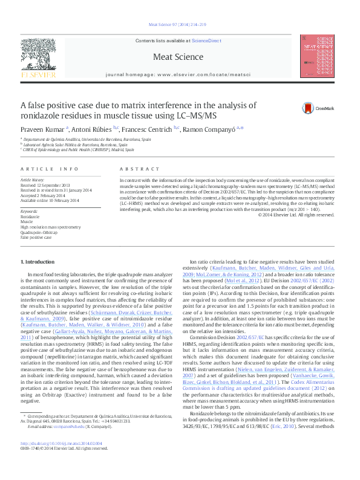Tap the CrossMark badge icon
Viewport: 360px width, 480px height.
(x=295, y=108)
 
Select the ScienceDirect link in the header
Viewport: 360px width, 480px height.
(x=206, y=40)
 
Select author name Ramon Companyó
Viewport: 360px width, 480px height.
(x=219, y=129)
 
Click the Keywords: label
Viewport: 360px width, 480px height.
(x=30, y=210)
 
